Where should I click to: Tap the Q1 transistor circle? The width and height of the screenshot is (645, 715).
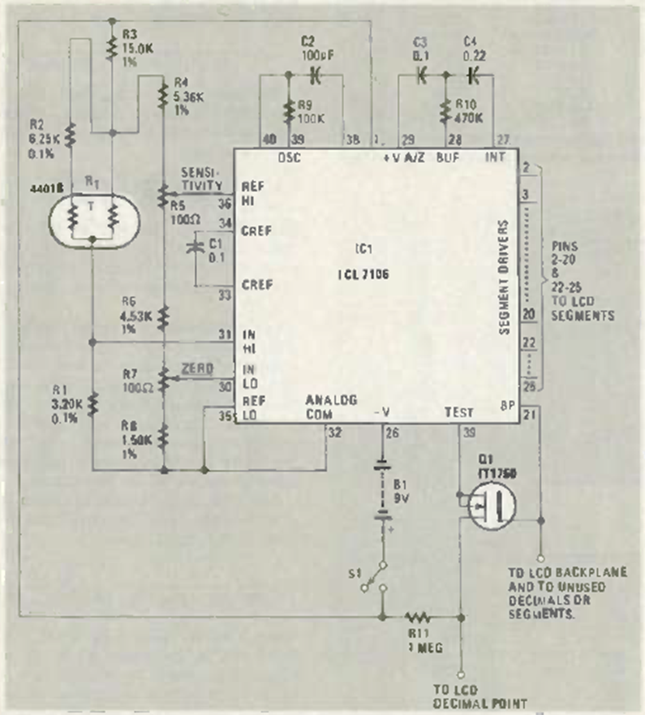coord(493,512)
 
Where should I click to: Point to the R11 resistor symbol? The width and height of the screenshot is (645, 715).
coord(419,616)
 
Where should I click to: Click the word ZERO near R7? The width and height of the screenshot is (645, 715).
coord(199,369)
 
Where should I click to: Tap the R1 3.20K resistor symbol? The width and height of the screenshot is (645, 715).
coord(92,403)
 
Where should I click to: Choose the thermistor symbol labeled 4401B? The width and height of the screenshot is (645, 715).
coord(92,216)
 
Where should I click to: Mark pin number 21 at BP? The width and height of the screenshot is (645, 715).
coord(531,415)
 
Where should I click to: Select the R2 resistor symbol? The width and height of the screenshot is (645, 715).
coord(71,133)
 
